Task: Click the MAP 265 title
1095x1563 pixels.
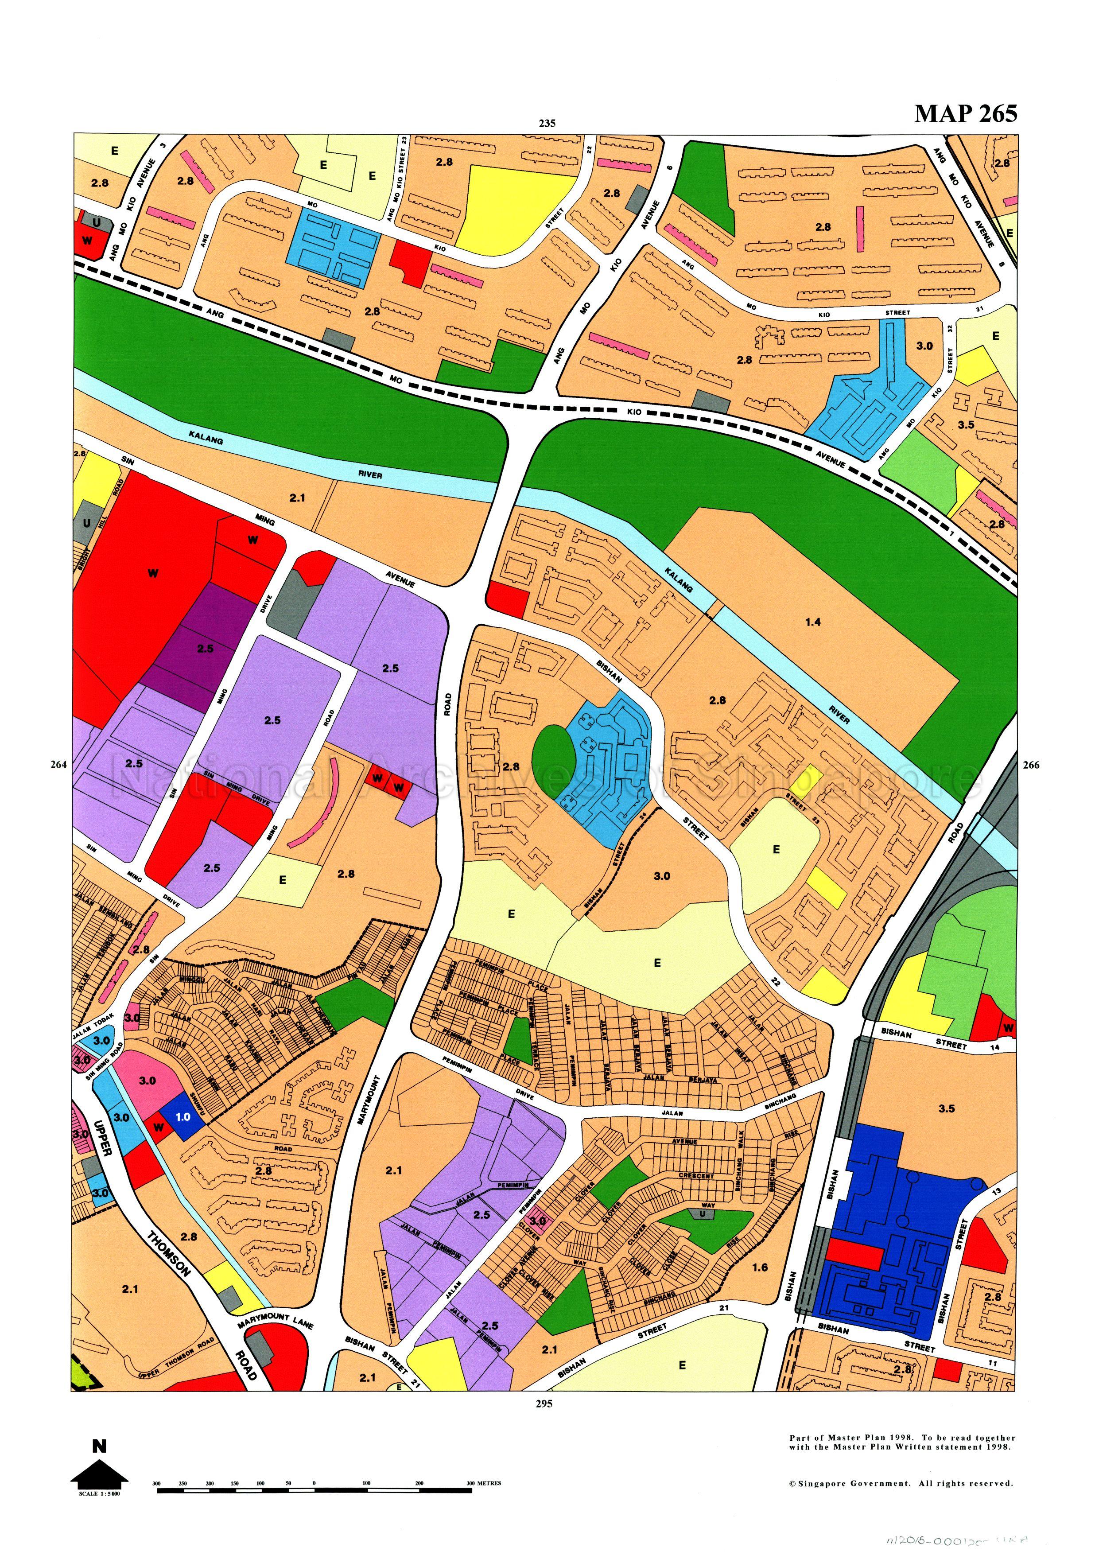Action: point(965,113)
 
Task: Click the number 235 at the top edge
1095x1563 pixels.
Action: point(547,123)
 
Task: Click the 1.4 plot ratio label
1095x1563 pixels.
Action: point(812,622)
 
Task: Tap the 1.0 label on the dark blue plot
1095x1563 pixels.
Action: point(183,1116)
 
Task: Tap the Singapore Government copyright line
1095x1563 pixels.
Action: point(901,1483)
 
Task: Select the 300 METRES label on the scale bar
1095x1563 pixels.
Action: point(483,1483)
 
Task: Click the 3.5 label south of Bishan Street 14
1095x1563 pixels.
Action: point(947,1109)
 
